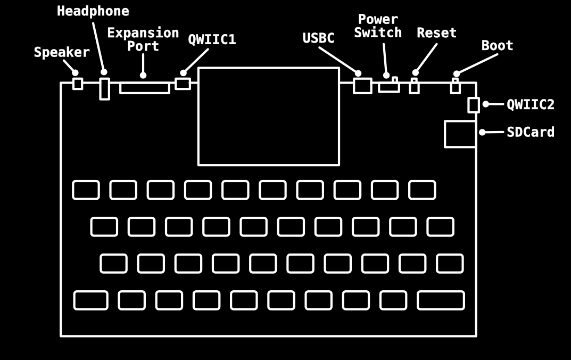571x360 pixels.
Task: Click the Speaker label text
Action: tap(62, 52)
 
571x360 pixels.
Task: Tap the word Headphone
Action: tap(93, 11)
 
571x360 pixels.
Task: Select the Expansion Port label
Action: tap(143, 39)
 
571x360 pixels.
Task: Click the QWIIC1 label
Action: tap(212, 40)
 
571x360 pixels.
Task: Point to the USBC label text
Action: tap(318, 38)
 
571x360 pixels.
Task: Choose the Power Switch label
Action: tap(378, 26)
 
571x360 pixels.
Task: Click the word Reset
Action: tap(436, 33)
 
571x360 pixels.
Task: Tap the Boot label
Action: tap(497, 46)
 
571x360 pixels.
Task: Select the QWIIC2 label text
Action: tap(530, 104)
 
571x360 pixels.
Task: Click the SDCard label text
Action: tap(530, 132)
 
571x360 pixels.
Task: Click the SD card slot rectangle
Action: tap(460, 134)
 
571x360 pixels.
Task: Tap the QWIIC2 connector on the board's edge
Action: tap(473, 105)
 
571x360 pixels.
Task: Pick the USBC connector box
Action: tap(362, 86)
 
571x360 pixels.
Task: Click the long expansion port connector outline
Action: tap(144, 88)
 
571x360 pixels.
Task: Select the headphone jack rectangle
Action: tap(104, 89)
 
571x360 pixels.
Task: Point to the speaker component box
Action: tap(78, 84)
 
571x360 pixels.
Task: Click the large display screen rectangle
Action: tap(268, 116)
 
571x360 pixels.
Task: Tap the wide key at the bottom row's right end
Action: tap(440, 300)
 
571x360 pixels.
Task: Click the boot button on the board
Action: tap(455, 86)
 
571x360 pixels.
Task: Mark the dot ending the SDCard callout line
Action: tap(482, 132)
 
